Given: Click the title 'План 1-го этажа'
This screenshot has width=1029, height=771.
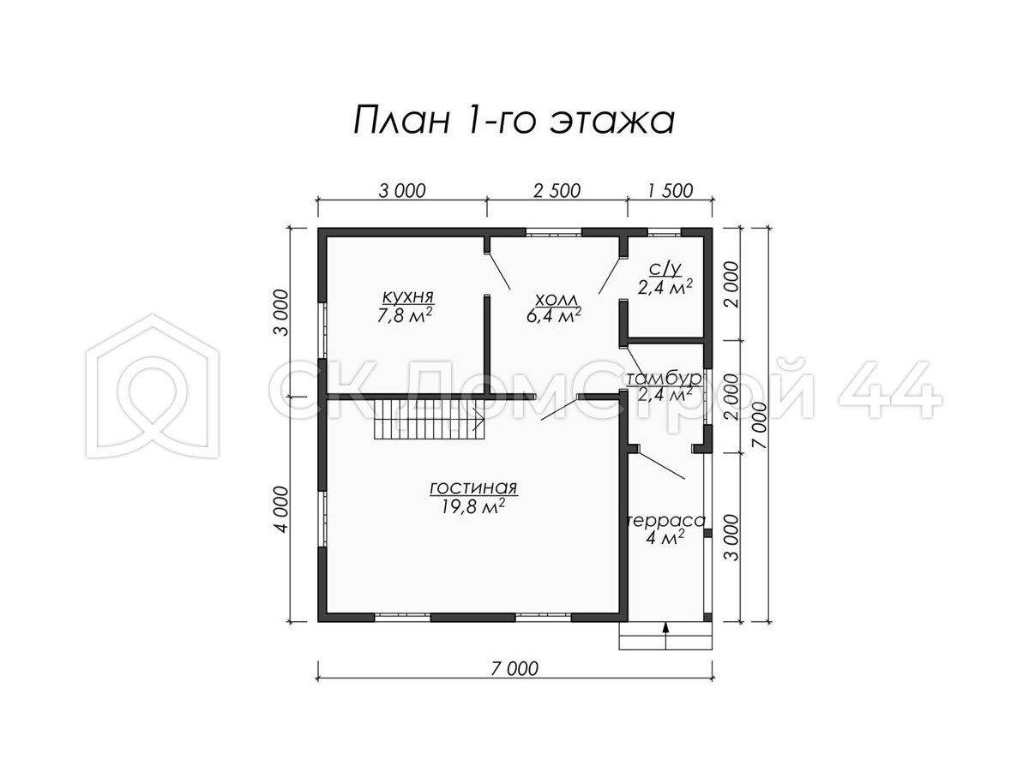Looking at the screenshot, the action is [514, 120].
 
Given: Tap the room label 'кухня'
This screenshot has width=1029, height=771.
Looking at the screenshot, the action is [408, 296].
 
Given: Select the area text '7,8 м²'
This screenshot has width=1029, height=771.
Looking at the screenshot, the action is [404, 316].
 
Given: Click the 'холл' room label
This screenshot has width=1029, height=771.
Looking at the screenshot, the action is [556, 300].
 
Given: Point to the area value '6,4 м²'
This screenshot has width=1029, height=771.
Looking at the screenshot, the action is [554, 315].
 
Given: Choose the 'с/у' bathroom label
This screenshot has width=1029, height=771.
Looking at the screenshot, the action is [665, 269].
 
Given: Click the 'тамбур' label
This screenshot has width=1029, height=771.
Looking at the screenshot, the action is [664, 378].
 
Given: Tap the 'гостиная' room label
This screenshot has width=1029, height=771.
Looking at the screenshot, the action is [473, 488].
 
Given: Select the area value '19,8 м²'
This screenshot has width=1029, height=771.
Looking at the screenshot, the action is [472, 506].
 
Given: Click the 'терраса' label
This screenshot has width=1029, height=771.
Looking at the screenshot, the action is [666, 521].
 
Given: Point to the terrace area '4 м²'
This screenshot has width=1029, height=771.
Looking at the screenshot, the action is [665, 538].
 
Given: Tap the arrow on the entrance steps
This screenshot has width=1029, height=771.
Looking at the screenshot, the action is [665, 636].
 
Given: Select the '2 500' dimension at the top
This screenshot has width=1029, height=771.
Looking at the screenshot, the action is [557, 191].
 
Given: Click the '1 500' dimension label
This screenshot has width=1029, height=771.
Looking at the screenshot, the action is [671, 191].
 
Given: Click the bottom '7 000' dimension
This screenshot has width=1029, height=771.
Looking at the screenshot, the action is [514, 669].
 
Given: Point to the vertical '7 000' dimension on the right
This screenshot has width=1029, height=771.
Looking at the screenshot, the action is [761, 425].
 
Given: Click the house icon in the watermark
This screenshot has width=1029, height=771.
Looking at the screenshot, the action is [153, 385].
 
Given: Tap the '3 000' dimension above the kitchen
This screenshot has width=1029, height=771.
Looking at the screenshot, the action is [402, 191].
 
